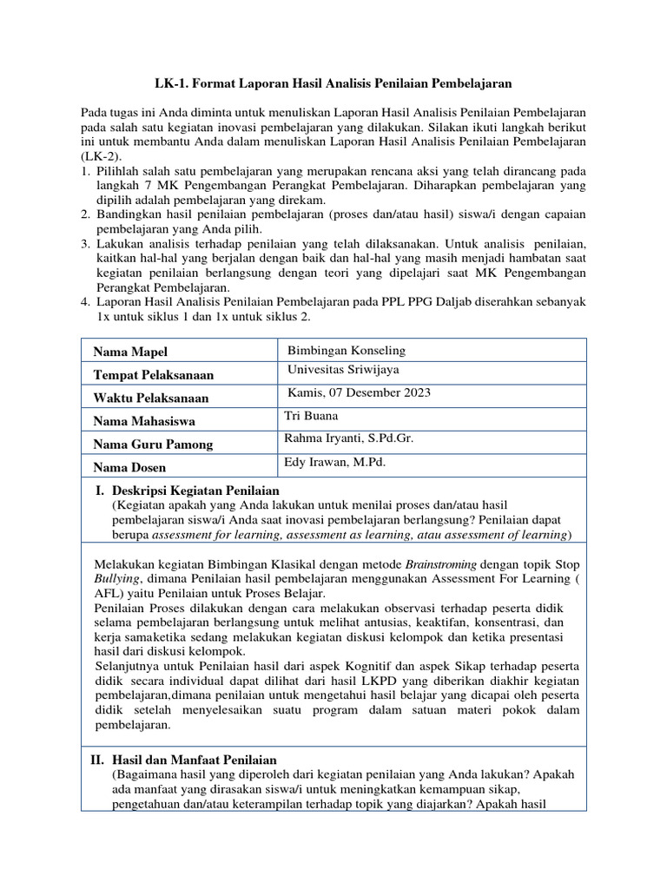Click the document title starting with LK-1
tap(333, 83)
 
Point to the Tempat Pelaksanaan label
tap(154, 375)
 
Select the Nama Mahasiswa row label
tap(143, 421)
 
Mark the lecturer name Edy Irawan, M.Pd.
tap(334, 462)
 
